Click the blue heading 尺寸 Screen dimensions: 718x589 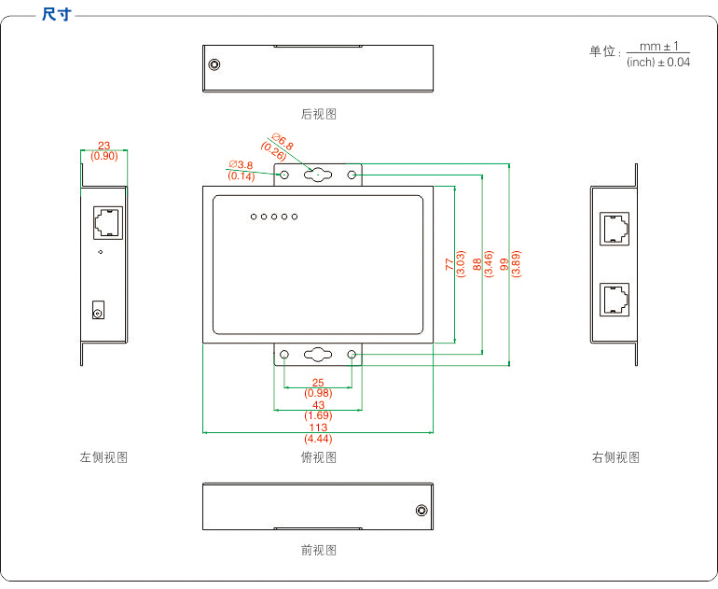pos(57,14)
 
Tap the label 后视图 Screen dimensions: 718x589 pos(319,114)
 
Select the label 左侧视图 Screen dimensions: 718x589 pos(104,457)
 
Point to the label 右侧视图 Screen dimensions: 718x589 pos(615,457)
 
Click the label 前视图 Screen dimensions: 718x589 pos(319,550)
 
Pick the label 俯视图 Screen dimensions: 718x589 pos(319,457)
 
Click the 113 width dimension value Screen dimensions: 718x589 pos(318,428)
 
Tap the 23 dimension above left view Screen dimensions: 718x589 pos(104,146)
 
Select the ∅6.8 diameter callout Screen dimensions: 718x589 pos(282,142)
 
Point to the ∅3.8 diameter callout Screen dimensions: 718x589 pos(241,164)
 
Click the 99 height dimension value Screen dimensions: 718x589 pos(504,264)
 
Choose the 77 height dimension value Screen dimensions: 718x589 pos(449,264)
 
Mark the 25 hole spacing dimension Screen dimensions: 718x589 pos(318,383)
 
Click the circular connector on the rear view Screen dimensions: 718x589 pos(214,64)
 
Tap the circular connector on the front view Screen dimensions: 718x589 pos(421,511)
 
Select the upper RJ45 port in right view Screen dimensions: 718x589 pos(614,229)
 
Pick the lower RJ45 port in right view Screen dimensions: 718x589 pos(614,300)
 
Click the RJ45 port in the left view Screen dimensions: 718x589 pos(108,223)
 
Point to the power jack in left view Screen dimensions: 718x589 pos(98,310)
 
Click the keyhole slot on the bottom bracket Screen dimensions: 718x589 pos(318,355)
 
